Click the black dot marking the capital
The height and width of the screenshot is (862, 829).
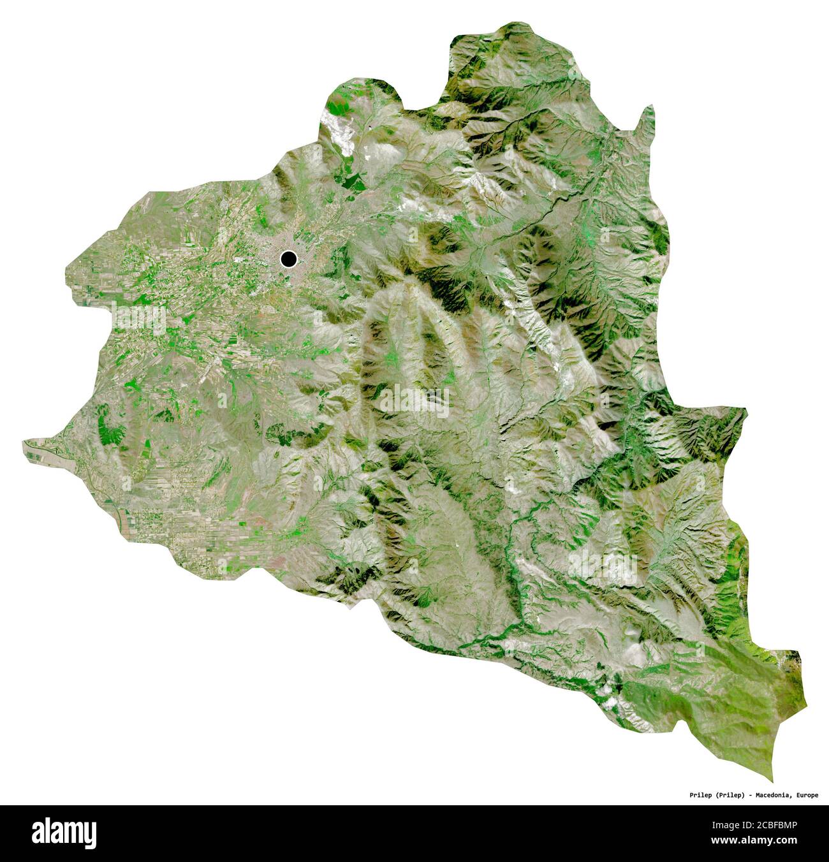click(x=288, y=259)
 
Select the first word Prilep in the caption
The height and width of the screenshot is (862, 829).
click(x=701, y=795)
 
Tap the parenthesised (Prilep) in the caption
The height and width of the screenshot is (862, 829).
click(x=731, y=795)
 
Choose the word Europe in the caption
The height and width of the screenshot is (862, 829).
click(x=806, y=795)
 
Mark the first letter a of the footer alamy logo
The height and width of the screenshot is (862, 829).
click(x=39, y=833)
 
